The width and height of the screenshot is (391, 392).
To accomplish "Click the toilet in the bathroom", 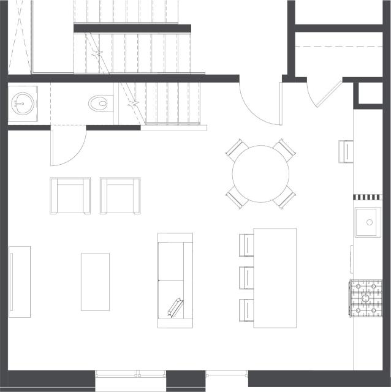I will pyautogui.click(x=99, y=103).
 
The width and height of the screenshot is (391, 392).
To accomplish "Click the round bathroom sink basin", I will pyautogui.click(x=23, y=102).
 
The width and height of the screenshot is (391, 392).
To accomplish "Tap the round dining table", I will pyautogui.click(x=262, y=174).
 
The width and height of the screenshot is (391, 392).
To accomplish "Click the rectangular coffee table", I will pyautogui.click(x=95, y=282).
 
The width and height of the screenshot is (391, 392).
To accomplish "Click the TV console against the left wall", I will pyautogui.click(x=19, y=282).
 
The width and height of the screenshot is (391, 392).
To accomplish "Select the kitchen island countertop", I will pyautogui.click(x=275, y=277).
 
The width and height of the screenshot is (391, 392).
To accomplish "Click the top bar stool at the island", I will pyautogui.click(x=246, y=244).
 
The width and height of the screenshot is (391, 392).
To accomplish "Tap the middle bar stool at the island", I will pyautogui.click(x=246, y=277).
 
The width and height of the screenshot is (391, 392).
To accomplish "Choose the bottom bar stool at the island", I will pyautogui.click(x=246, y=310).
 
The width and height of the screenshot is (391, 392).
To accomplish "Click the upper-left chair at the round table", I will pyautogui.click(x=235, y=149).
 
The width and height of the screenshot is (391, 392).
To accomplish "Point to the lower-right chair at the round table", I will pyautogui.click(x=286, y=198).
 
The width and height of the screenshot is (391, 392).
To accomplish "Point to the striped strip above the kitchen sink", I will pyautogui.click(x=367, y=197).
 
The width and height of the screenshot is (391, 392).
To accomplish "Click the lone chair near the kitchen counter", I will pyautogui.click(x=346, y=150).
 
